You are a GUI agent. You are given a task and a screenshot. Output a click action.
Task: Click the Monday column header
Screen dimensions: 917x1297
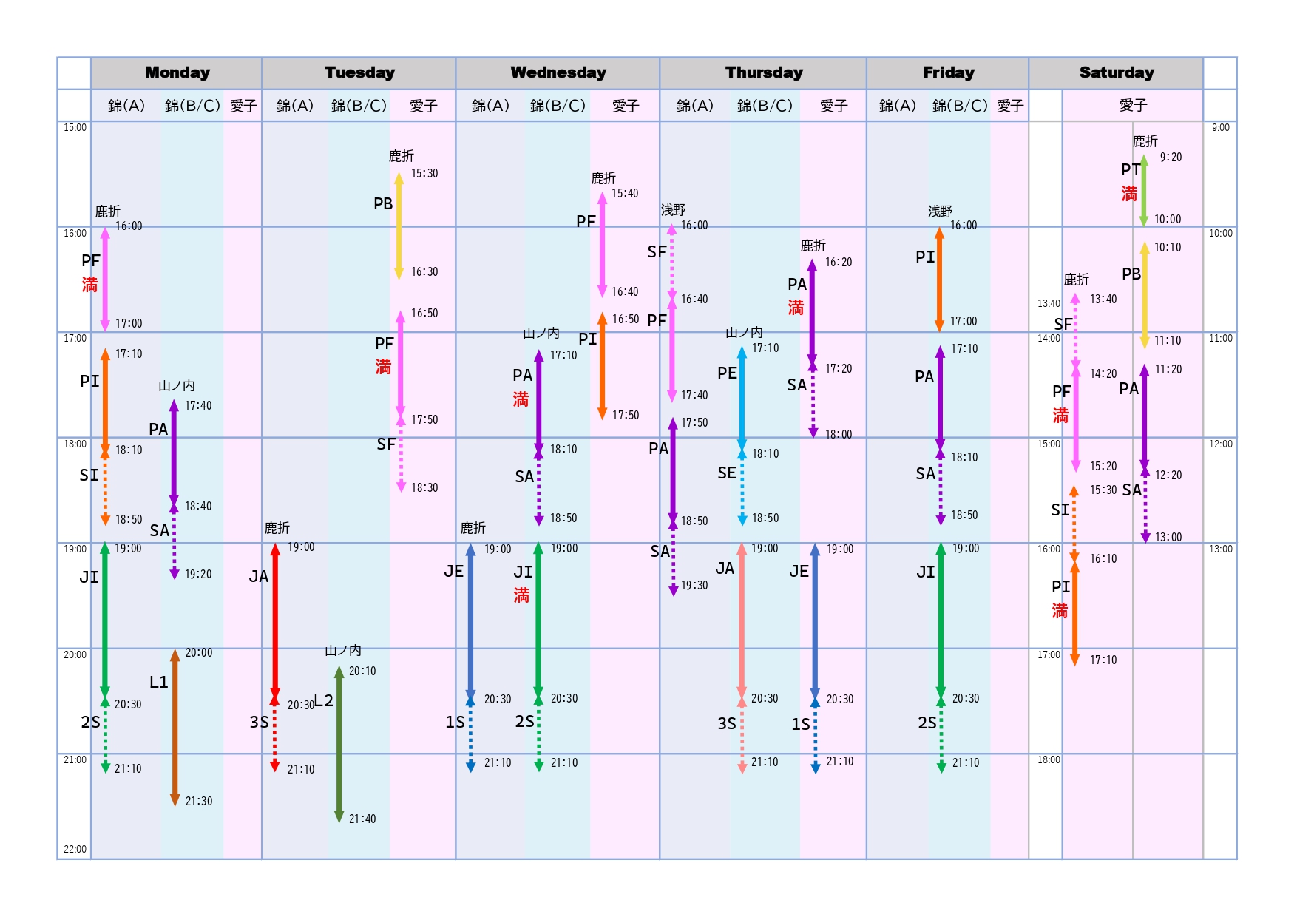pyautogui.click(x=177, y=72)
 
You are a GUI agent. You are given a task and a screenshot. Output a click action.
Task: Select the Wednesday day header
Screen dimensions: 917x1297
pyautogui.click(x=558, y=72)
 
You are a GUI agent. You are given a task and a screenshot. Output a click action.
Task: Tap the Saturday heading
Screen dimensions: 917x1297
pyautogui.click(x=1116, y=72)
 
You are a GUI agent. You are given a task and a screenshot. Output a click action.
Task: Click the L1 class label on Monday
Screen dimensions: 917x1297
pyautogui.click(x=159, y=682)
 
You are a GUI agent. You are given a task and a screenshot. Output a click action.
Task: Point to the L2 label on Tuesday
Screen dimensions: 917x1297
pyautogui.click(x=324, y=700)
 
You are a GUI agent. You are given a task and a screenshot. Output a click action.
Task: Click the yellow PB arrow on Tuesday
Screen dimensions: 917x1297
pyautogui.click(x=399, y=226)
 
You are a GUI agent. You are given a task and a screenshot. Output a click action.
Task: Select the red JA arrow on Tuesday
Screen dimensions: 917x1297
pyautogui.click(x=275, y=621)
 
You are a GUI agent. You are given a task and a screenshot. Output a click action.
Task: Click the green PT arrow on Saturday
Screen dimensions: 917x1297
pyautogui.click(x=1144, y=190)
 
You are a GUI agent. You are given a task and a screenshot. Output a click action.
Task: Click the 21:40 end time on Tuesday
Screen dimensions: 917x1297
pyautogui.click(x=362, y=819)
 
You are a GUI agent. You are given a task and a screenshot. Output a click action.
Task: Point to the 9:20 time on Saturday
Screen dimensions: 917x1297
pyautogui.click(x=1171, y=157)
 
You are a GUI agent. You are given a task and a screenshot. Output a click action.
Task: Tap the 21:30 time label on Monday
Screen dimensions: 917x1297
pyautogui.click(x=199, y=801)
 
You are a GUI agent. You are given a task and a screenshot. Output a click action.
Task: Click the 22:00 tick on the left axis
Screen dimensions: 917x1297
pyautogui.click(x=75, y=849)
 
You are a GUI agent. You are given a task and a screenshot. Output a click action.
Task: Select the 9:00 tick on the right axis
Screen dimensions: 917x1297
pyautogui.click(x=1221, y=127)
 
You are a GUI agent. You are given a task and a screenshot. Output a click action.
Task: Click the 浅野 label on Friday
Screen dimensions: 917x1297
pyautogui.click(x=940, y=212)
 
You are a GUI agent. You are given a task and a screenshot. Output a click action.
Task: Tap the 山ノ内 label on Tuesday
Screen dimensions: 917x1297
pyautogui.click(x=343, y=651)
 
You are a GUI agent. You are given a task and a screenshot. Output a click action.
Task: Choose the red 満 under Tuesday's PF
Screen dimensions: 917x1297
pyautogui.click(x=383, y=367)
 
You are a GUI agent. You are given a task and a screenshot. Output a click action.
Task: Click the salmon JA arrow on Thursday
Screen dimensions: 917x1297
pyautogui.click(x=742, y=621)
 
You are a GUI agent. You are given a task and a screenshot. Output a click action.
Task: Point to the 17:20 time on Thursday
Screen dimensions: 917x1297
pyautogui.click(x=839, y=368)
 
